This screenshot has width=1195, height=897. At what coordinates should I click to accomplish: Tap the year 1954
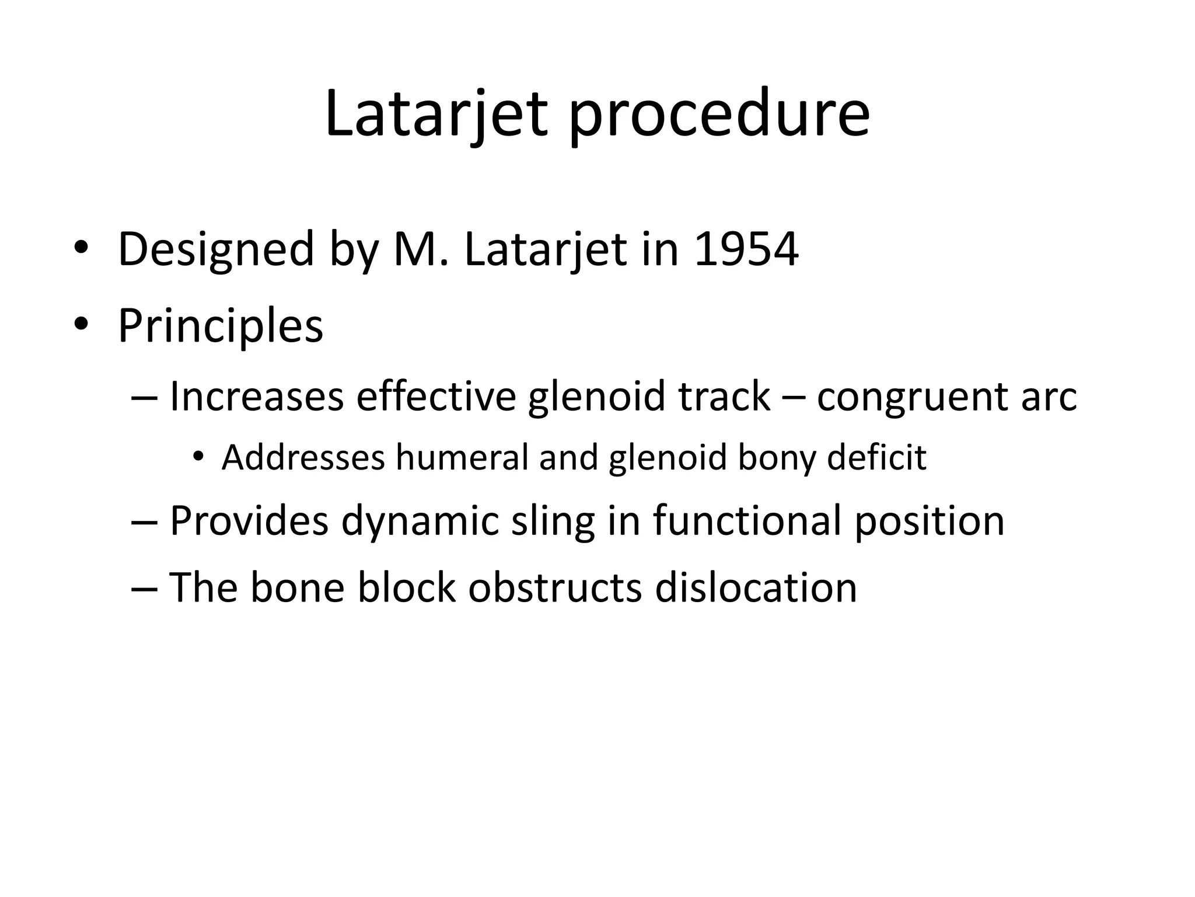click(x=746, y=250)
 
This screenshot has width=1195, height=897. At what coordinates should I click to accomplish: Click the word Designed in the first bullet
click(x=216, y=250)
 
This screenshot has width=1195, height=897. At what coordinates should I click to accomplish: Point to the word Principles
click(x=221, y=326)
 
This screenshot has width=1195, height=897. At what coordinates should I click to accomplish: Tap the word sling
click(x=553, y=521)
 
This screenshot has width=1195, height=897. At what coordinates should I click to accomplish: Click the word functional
click(x=747, y=520)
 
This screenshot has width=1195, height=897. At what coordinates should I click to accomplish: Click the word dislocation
click(x=756, y=587)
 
